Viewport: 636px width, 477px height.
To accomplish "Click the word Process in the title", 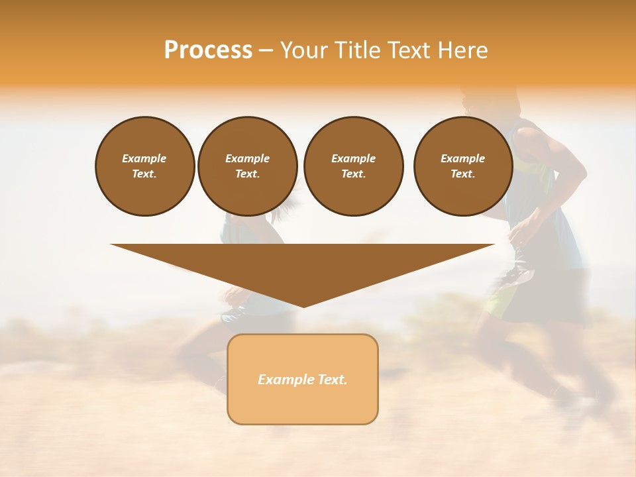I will tap(208, 50).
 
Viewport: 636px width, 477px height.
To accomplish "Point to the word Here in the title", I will tap(461, 50).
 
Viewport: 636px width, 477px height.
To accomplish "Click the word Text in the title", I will tap(408, 50).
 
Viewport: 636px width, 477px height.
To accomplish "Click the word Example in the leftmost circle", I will tap(144, 158).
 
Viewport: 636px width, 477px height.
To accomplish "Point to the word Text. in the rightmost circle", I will tap(462, 174).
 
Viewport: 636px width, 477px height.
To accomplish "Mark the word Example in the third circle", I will tap(353, 158).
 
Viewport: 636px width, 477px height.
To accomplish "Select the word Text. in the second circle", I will tap(247, 174).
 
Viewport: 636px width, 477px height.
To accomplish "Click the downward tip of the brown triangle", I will tap(303, 305).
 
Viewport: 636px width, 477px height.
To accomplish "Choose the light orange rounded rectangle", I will tap(303, 404).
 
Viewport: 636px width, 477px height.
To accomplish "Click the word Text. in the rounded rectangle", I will tap(333, 380).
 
